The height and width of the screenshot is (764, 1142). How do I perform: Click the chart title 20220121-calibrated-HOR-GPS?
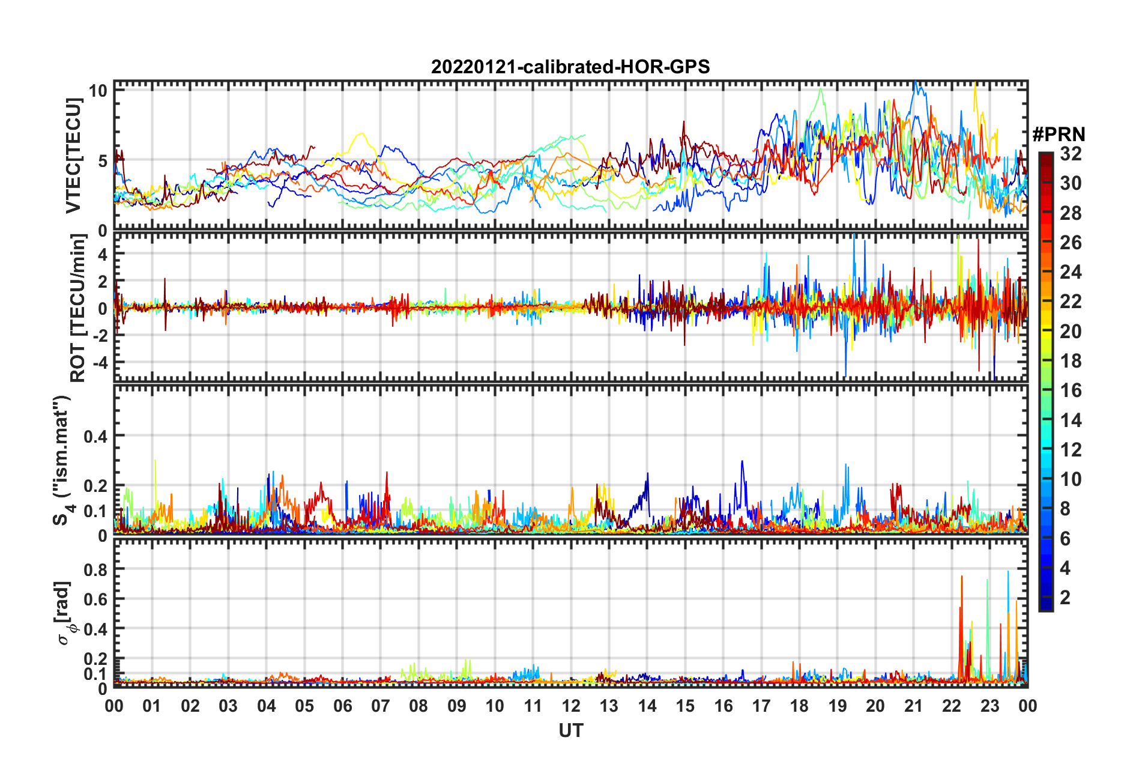tap(570, 67)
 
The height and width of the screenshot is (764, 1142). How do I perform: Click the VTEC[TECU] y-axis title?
tap(73, 156)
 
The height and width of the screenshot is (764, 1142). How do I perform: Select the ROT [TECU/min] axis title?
tap(77, 308)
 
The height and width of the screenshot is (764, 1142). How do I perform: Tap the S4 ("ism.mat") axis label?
tap(63, 460)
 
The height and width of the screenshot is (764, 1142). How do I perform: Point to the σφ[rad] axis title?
tap(64, 613)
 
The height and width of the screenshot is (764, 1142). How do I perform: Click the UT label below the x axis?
tap(570, 730)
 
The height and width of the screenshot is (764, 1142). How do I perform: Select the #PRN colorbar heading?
tap(1059, 135)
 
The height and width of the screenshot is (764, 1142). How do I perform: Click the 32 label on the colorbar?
tap(1071, 154)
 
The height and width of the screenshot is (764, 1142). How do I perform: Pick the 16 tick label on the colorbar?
tap(1071, 390)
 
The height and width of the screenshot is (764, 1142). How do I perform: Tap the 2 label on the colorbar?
tap(1065, 597)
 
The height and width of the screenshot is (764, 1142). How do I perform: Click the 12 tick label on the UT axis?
tap(570, 706)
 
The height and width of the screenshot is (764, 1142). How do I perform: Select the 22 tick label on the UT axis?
tap(952, 706)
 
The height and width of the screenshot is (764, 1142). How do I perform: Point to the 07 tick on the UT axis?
tap(380, 706)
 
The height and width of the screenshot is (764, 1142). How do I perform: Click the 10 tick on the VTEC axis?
tap(98, 91)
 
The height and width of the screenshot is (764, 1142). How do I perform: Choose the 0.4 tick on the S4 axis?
tap(95, 436)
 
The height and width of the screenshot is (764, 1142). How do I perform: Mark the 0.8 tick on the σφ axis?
tap(95, 569)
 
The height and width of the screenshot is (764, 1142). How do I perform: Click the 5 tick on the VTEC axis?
tap(102, 161)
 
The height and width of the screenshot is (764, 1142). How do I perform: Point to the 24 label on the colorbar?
tap(1071, 272)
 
